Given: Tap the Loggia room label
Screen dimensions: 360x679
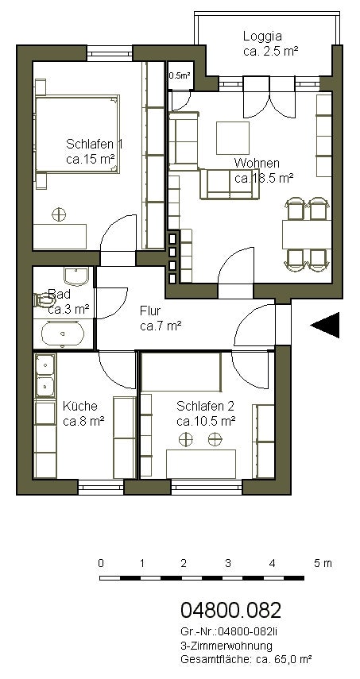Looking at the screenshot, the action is [x=262, y=36].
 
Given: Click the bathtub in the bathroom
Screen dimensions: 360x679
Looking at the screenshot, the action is [x=62, y=334].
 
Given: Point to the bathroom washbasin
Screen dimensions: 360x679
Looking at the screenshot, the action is [x=76, y=276].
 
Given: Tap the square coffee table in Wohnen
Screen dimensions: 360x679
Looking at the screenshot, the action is [x=233, y=137].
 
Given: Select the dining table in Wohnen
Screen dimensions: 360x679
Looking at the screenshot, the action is [x=307, y=234].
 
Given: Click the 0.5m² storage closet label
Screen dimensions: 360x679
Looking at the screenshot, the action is [x=180, y=75].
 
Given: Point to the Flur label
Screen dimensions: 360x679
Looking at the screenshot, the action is [x=150, y=311].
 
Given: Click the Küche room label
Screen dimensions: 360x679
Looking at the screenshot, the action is [x=80, y=406].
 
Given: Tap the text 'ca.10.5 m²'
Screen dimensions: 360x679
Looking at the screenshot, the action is [x=206, y=421].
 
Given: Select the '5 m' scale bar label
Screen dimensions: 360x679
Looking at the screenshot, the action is [x=323, y=563].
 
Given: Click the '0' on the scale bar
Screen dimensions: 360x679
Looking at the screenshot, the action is [x=101, y=563].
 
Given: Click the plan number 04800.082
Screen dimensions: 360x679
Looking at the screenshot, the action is [x=231, y=610].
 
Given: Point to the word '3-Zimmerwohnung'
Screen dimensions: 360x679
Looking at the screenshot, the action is [x=226, y=646].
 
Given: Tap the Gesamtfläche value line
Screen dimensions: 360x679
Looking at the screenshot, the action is [x=246, y=659].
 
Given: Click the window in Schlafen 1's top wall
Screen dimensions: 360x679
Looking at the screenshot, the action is [x=110, y=54].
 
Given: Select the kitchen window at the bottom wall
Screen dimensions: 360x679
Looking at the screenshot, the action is [x=101, y=487].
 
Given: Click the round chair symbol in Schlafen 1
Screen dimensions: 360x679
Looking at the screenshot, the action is [x=59, y=214].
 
